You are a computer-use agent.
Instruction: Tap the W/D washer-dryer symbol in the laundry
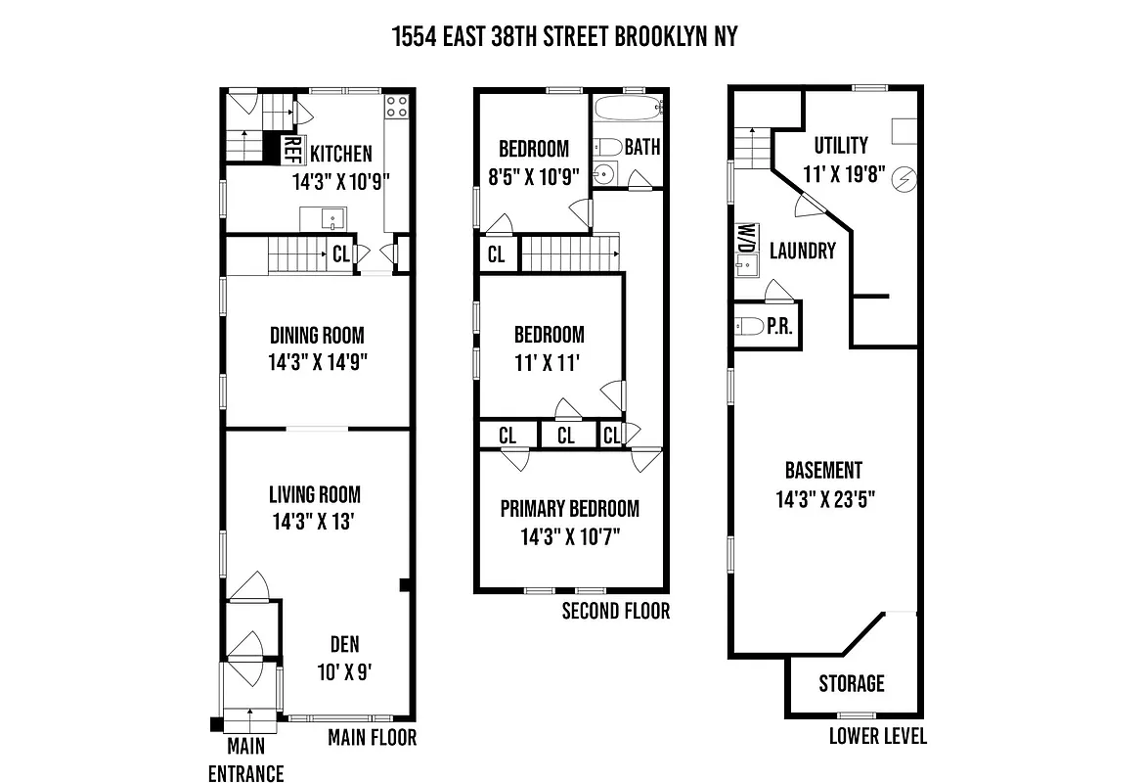pos(745,238)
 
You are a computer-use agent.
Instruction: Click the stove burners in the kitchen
pos(397,107)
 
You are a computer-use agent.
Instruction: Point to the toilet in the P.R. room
pos(748,327)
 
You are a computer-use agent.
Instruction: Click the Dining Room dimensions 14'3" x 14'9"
pos(318,361)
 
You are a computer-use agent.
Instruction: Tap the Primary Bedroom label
pos(569,509)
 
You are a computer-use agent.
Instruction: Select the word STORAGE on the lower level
pos(852,683)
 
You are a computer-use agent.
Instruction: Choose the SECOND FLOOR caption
pos(616,612)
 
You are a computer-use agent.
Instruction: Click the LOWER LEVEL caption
pos(878,736)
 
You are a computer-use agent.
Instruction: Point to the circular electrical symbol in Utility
pos(904,179)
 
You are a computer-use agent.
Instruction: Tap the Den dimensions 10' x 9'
pos(344,671)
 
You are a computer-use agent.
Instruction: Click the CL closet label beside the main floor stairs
pos(340,254)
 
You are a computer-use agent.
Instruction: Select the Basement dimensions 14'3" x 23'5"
pos(825,498)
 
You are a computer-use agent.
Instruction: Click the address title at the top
pos(564,37)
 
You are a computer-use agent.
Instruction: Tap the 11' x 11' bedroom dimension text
pos(549,362)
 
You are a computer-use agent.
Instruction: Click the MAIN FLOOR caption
pos(372,737)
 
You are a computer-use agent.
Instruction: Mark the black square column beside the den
pos(404,585)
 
